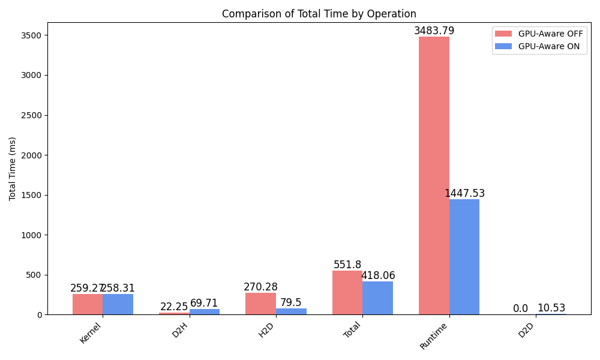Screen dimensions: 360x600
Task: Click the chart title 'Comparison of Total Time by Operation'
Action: [319, 14]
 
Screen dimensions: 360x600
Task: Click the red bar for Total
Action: [347, 292]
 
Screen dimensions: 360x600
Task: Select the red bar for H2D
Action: [260, 304]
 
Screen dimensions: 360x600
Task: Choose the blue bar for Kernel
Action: [118, 304]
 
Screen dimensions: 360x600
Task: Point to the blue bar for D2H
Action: [205, 311]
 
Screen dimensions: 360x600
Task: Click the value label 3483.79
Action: [434, 31]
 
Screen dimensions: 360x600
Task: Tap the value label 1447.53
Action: [464, 193]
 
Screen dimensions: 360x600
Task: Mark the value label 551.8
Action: [347, 265]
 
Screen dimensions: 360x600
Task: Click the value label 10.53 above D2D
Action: [551, 308]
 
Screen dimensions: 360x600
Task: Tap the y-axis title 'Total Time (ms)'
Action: [13, 169]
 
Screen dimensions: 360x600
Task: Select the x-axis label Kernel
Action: [90, 333]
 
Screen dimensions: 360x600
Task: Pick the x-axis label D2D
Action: [526, 331]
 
